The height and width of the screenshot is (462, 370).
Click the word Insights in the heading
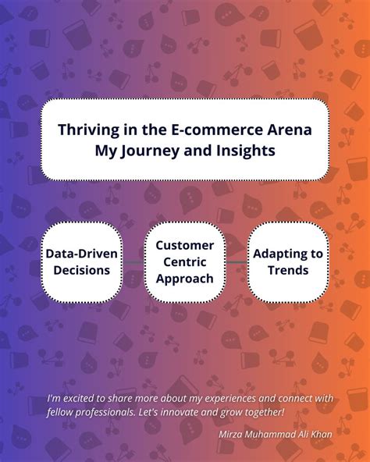click(244, 151)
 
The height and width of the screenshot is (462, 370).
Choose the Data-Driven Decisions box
click(83, 262)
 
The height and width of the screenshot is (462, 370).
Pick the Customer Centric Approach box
click(184, 262)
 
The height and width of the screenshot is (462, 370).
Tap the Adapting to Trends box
click(288, 262)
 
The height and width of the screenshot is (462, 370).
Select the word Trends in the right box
click(288, 271)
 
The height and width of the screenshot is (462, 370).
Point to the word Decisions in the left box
click(83, 271)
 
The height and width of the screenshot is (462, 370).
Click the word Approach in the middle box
click(184, 279)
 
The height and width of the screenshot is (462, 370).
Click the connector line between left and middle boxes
click(133, 263)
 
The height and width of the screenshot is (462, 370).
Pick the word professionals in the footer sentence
click(113, 411)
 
